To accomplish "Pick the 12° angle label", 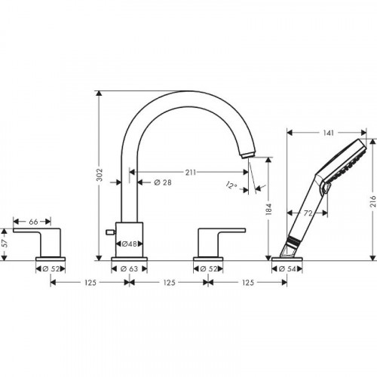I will tap(231, 186).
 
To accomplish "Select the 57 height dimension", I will tap(5, 243).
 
